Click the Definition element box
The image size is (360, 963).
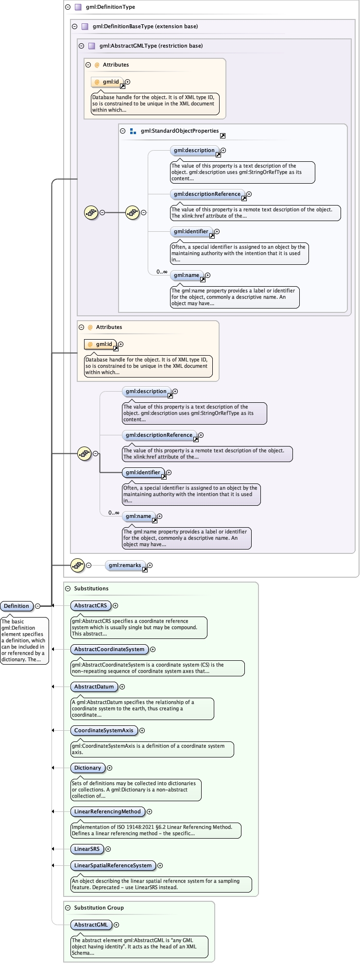pyautogui.click(x=17, y=606)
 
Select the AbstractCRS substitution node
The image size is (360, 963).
pyautogui.click(x=90, y=605)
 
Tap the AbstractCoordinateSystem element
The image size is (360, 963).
pyautogui.click(x=109, y=649)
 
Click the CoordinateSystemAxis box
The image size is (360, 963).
pyautogui.click(x=103, y=730)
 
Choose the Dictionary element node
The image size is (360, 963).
pyautogui.click(x=87, y=768)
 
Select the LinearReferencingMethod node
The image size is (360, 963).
pyautogui.click(x=107, y=811)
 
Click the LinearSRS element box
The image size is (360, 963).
pyautogui.click(x=86, y=849)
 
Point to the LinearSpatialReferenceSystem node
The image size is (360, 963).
pyautogui.click(x=113, y=865)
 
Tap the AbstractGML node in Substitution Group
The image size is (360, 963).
pyautogui.click(x=91, y=925)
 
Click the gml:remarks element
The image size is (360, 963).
pyautogui.click(x=125, y=565)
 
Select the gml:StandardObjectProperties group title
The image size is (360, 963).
pyautogui.click(x=179, y=131)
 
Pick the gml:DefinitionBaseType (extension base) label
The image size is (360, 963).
pyautogui.click(x=145, y=26)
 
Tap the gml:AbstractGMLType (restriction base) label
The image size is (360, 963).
pyautogui.click(x=151, y=46)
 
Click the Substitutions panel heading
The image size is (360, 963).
pyautogui.click(x=91, y=588)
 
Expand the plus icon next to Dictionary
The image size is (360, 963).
pyautogui.click(x=110, y=768)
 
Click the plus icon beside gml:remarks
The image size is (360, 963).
pyautogui.click(x=150, y=565)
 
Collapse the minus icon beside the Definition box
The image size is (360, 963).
pyautogui.click(x=37, y=606)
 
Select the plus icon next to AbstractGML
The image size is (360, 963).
pyautogui.click(x=117, y=925)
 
